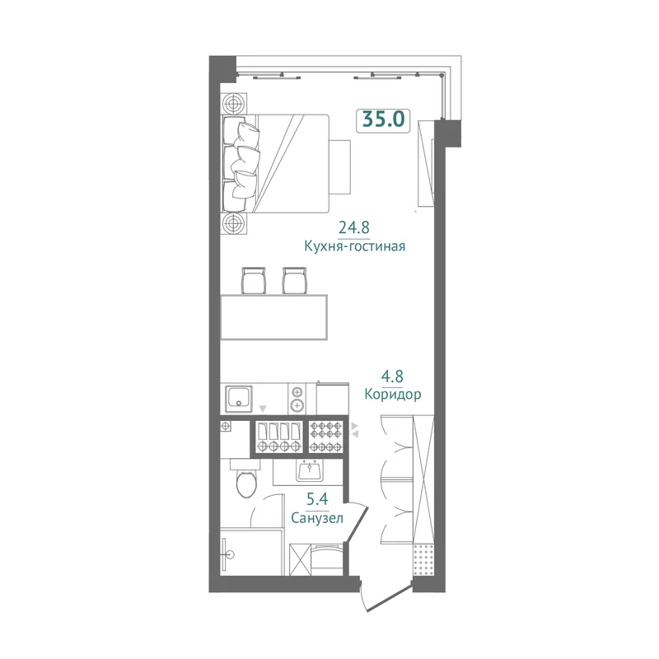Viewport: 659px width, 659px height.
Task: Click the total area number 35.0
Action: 383,119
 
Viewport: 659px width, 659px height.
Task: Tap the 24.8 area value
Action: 354,227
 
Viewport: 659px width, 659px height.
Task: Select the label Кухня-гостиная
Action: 355,245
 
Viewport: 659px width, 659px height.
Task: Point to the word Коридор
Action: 393,395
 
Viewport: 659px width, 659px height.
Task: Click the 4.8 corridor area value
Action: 393,376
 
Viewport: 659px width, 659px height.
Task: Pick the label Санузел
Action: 317,518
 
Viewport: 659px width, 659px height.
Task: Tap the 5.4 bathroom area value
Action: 317,499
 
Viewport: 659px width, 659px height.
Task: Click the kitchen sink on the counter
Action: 239,399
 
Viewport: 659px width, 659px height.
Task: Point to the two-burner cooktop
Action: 297,399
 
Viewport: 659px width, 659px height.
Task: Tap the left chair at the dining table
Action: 254,280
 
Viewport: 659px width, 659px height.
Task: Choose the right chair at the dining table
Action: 295,280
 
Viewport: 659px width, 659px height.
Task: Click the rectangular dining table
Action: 274,317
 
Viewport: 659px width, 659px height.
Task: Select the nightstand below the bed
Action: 234,223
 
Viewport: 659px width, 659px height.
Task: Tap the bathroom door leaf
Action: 355,521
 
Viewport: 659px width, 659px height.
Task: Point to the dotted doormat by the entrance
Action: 423,559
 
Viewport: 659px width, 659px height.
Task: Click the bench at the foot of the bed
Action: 340,167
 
